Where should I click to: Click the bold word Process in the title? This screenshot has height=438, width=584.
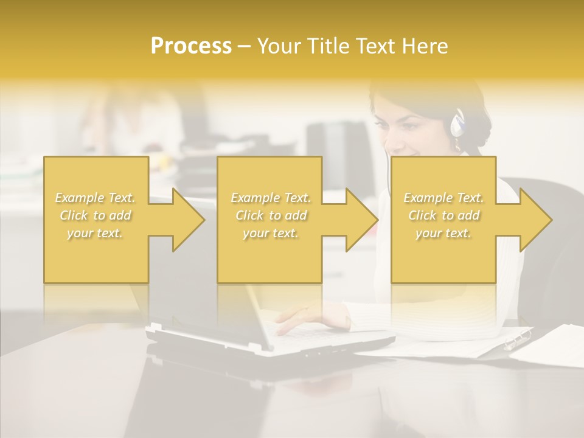pos(191,46)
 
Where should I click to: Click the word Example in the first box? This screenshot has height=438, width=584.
pos(80,198)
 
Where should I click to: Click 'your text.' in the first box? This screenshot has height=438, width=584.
pos(96,233)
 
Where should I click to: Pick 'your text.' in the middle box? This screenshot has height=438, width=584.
pos(271,233)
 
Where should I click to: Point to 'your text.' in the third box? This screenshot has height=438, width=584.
pos(443,233)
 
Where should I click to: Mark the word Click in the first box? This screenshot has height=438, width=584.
pos(74,215)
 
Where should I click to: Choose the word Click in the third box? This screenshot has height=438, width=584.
pos(422,215)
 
